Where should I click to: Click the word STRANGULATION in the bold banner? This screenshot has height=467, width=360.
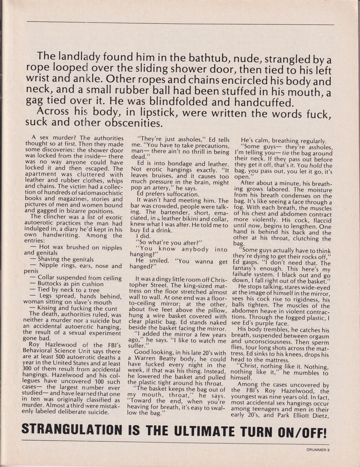pos(72,430)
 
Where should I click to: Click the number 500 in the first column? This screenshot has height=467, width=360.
pos(77,357)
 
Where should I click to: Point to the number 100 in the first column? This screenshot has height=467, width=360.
pos(93,381)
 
